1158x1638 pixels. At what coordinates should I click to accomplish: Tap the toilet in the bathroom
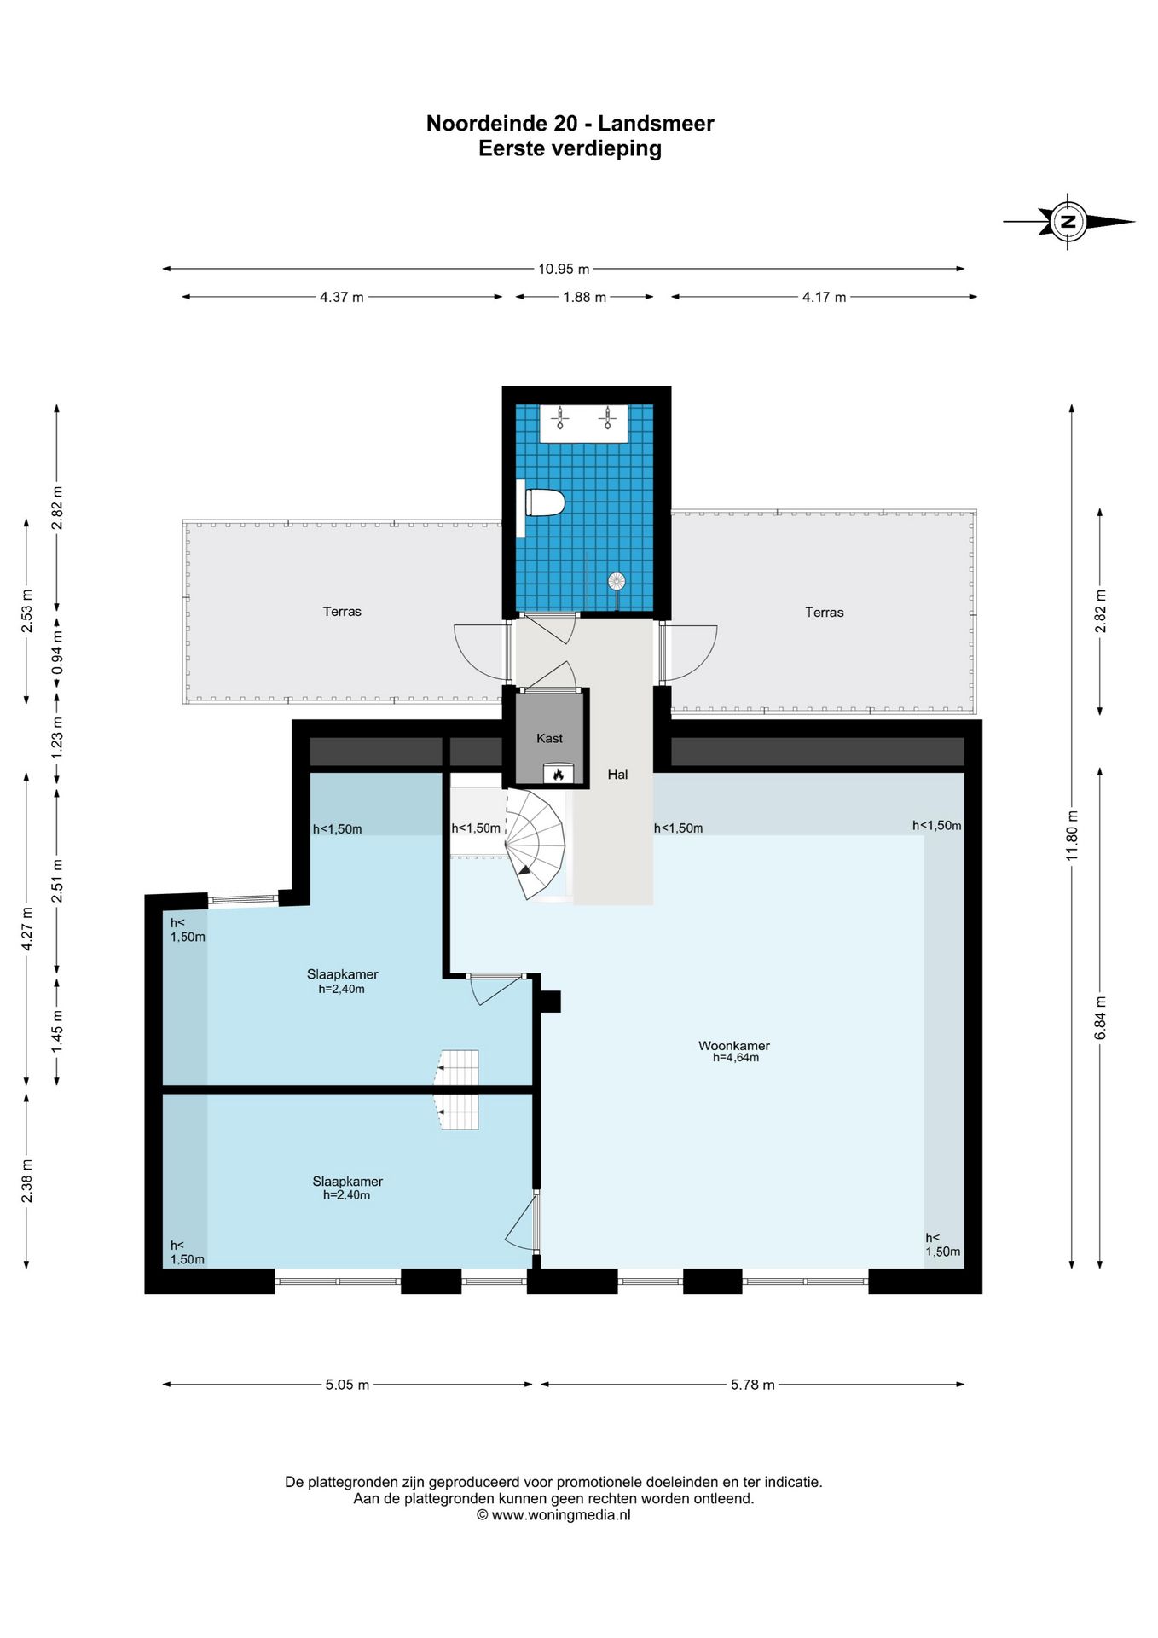[542, 502]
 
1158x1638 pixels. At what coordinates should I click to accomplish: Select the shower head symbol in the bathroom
[617, 582]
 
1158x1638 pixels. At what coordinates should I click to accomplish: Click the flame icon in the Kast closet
[559, 774]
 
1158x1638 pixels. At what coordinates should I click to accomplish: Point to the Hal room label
[617, 775]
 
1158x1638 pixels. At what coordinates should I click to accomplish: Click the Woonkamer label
[734, 1045]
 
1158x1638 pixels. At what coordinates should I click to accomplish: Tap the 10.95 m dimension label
[564, 269]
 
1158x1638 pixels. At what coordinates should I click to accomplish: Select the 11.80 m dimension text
[1073, 834]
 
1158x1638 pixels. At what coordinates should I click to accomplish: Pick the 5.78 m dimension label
[753, 1385]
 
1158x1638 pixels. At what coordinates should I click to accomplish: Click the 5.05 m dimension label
[347, 1385]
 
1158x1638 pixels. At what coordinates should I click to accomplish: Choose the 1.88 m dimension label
[585, 297]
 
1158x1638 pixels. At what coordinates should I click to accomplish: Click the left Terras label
[342, 612]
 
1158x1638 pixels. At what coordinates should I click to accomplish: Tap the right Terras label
[825, 613]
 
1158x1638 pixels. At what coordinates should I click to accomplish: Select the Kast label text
[550, 738]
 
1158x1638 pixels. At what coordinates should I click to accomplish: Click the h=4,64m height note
[736, 1058]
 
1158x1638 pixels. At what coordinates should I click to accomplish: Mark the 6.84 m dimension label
[1101, 1018]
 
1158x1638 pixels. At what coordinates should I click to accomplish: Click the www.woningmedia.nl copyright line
[553, 1515]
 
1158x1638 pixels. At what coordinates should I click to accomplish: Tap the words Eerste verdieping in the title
[570, 149]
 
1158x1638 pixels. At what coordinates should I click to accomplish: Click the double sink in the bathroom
[584, 423]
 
